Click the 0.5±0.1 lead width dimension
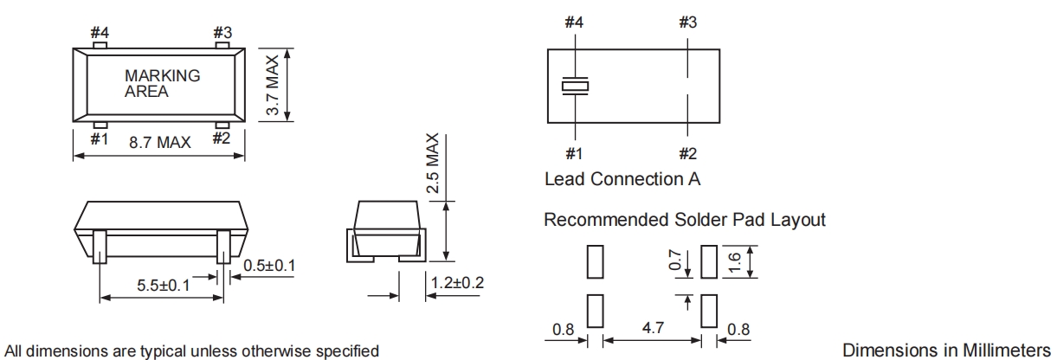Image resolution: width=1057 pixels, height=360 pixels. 269,264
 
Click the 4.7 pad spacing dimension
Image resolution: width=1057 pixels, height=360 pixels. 651,328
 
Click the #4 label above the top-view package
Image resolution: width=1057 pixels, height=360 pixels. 100,32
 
